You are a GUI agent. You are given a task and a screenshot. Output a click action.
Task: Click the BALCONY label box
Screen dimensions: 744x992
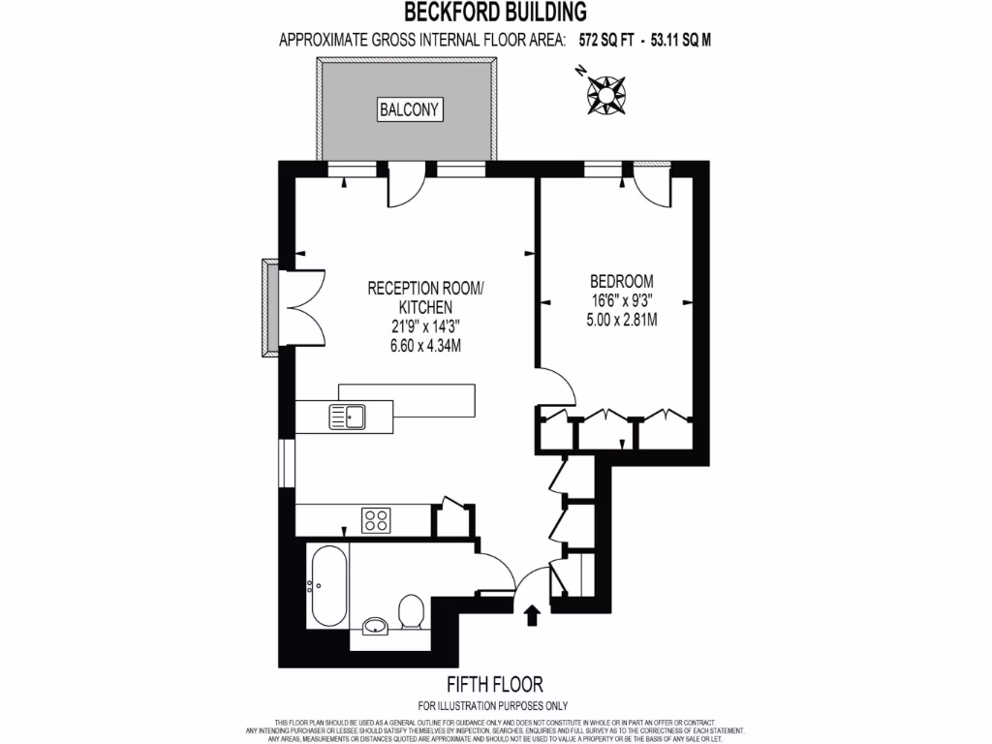[411, 109]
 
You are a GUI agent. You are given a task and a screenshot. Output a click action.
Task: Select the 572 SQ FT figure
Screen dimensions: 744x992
[603, 41]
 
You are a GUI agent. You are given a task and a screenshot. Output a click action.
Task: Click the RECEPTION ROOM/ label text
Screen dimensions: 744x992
[424, 288]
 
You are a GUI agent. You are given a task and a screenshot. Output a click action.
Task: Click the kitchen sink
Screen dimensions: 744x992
[346, 417]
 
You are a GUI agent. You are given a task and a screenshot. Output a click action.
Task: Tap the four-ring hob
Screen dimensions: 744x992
[376, 520]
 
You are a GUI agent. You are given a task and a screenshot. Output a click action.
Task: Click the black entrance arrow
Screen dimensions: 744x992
[531, 615]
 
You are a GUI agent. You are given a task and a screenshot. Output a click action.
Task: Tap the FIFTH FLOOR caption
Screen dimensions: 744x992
[493, 684]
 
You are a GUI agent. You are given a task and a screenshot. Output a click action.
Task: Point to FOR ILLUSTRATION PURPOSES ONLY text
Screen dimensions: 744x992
[493, 705]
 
